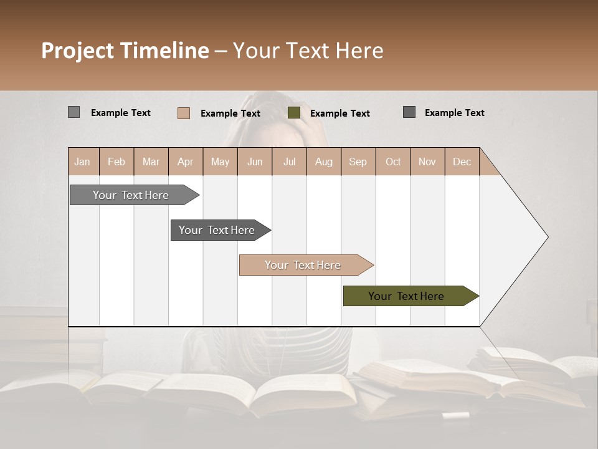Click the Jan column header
(x=82, y=162)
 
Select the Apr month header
(x=185, y=162)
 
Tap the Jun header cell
(x=254, y=162)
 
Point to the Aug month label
(x=323, y=162)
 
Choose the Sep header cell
(x=358, y=162)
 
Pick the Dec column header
(x=462, y=162)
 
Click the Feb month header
(x=116, y=162)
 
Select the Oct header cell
(x=392, y=162)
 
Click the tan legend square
(x=183, y=113)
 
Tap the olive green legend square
(x=294, y=113)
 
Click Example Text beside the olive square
(x=339, y=113)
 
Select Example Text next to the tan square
(x=230, y=113)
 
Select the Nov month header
(x=427, y=162)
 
